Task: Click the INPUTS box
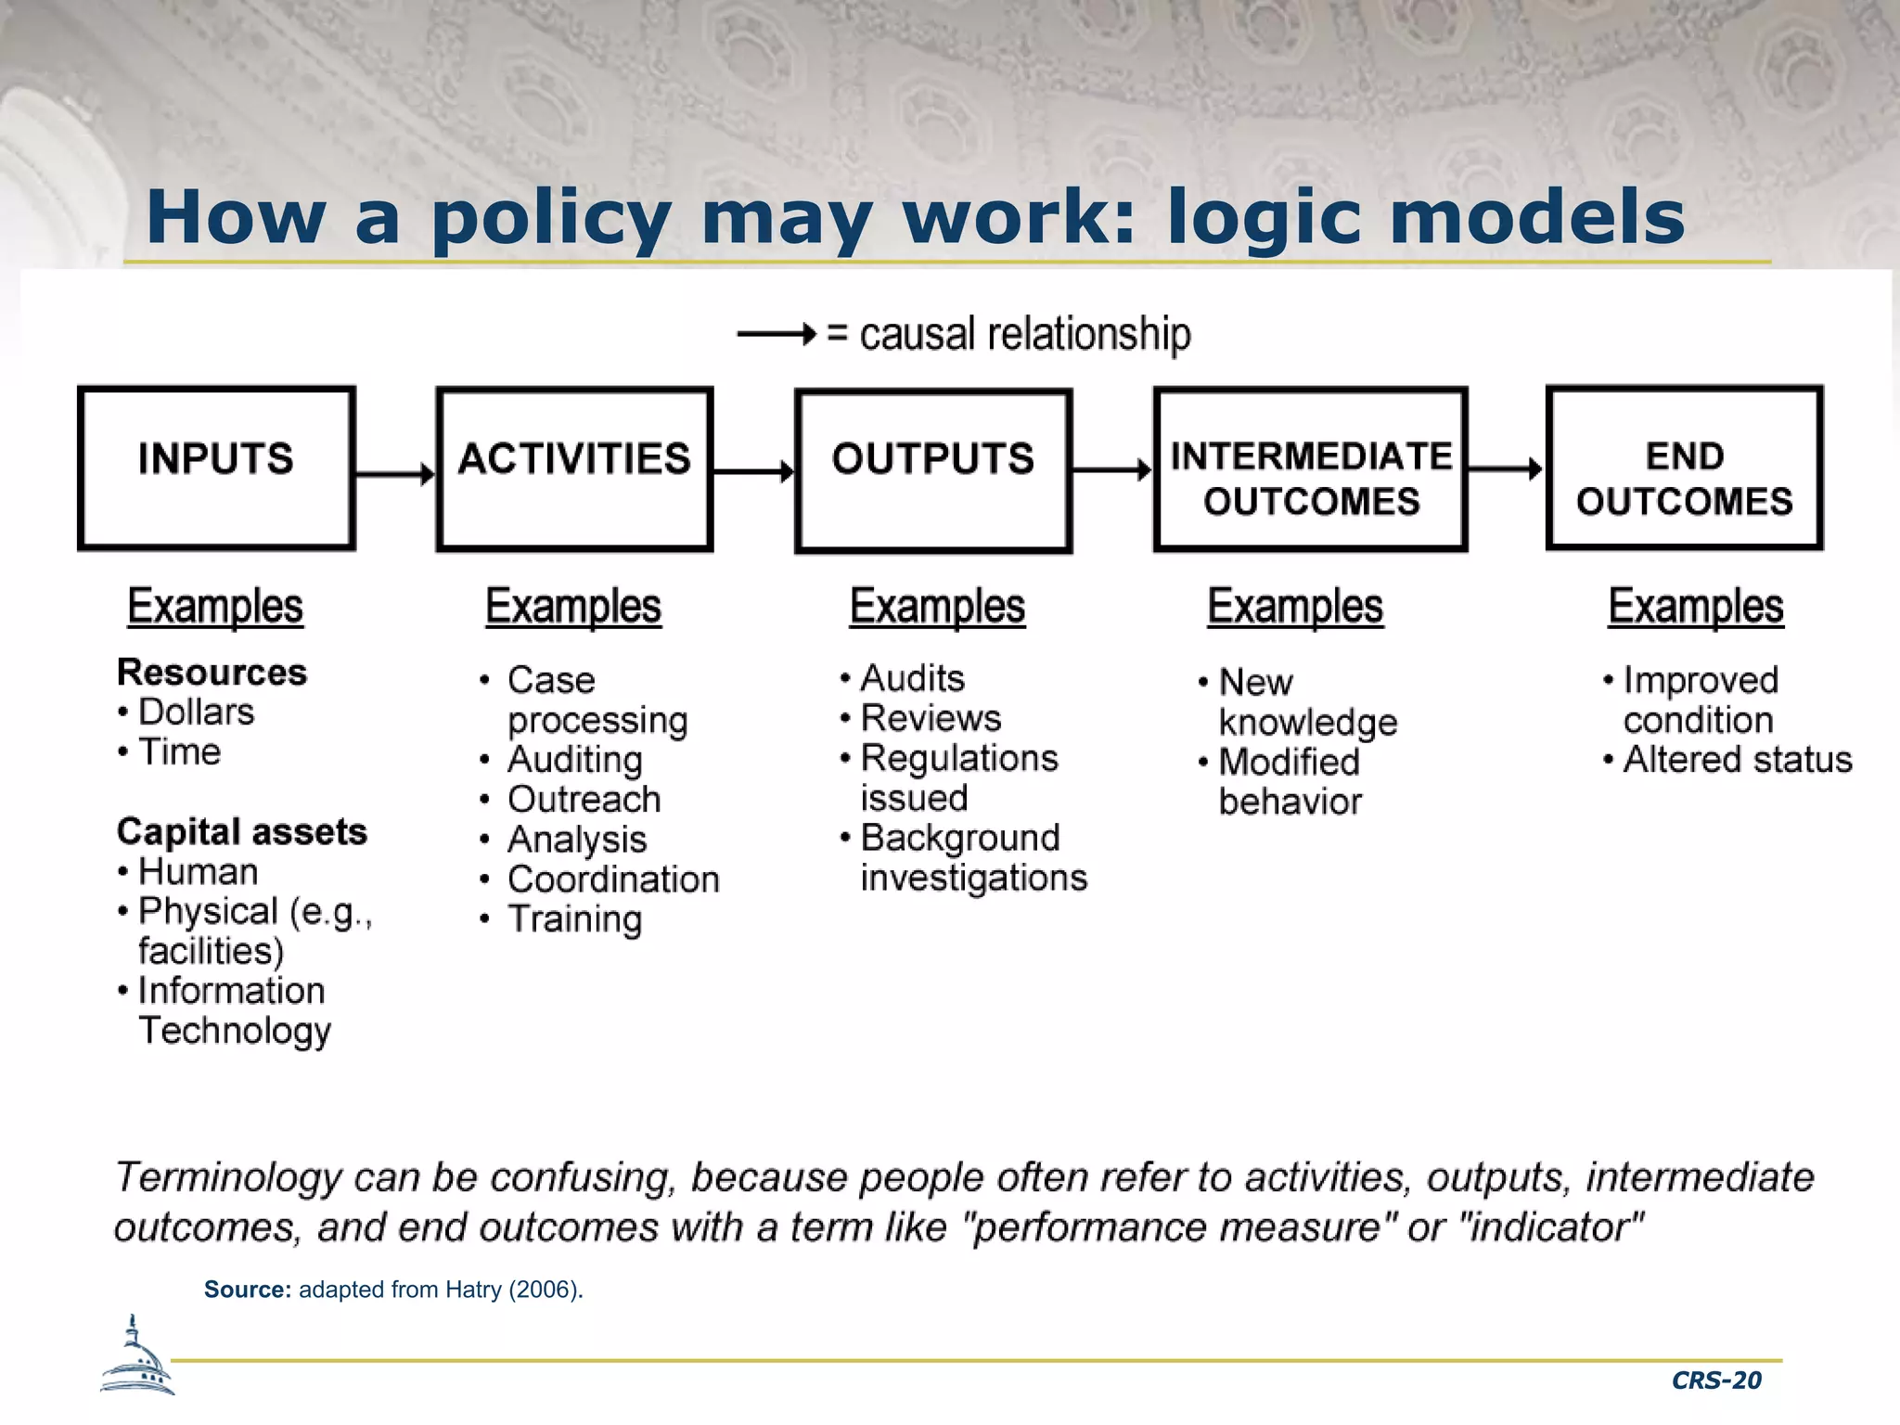point(216,469)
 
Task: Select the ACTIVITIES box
point(574,469)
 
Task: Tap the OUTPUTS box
point(933,470)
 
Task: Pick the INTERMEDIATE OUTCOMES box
point(1310,469)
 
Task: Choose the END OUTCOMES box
point(1684,468)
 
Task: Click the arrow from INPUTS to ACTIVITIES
point(395,474)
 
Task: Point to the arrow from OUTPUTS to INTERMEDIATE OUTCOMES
point(1112,470)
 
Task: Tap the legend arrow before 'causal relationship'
point(777,333)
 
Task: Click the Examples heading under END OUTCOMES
point(1695,607)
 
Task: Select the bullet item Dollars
point(196,712)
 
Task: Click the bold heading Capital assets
point(241,831)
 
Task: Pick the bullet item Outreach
point(584,799)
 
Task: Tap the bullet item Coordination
point(613,879)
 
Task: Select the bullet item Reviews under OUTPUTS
point(931,718)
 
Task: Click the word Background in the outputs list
point(959,838)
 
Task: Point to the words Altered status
point(1737,759)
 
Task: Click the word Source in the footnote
point(247,1290)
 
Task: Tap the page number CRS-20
point(1715,1380)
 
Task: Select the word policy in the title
point(551,218)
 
